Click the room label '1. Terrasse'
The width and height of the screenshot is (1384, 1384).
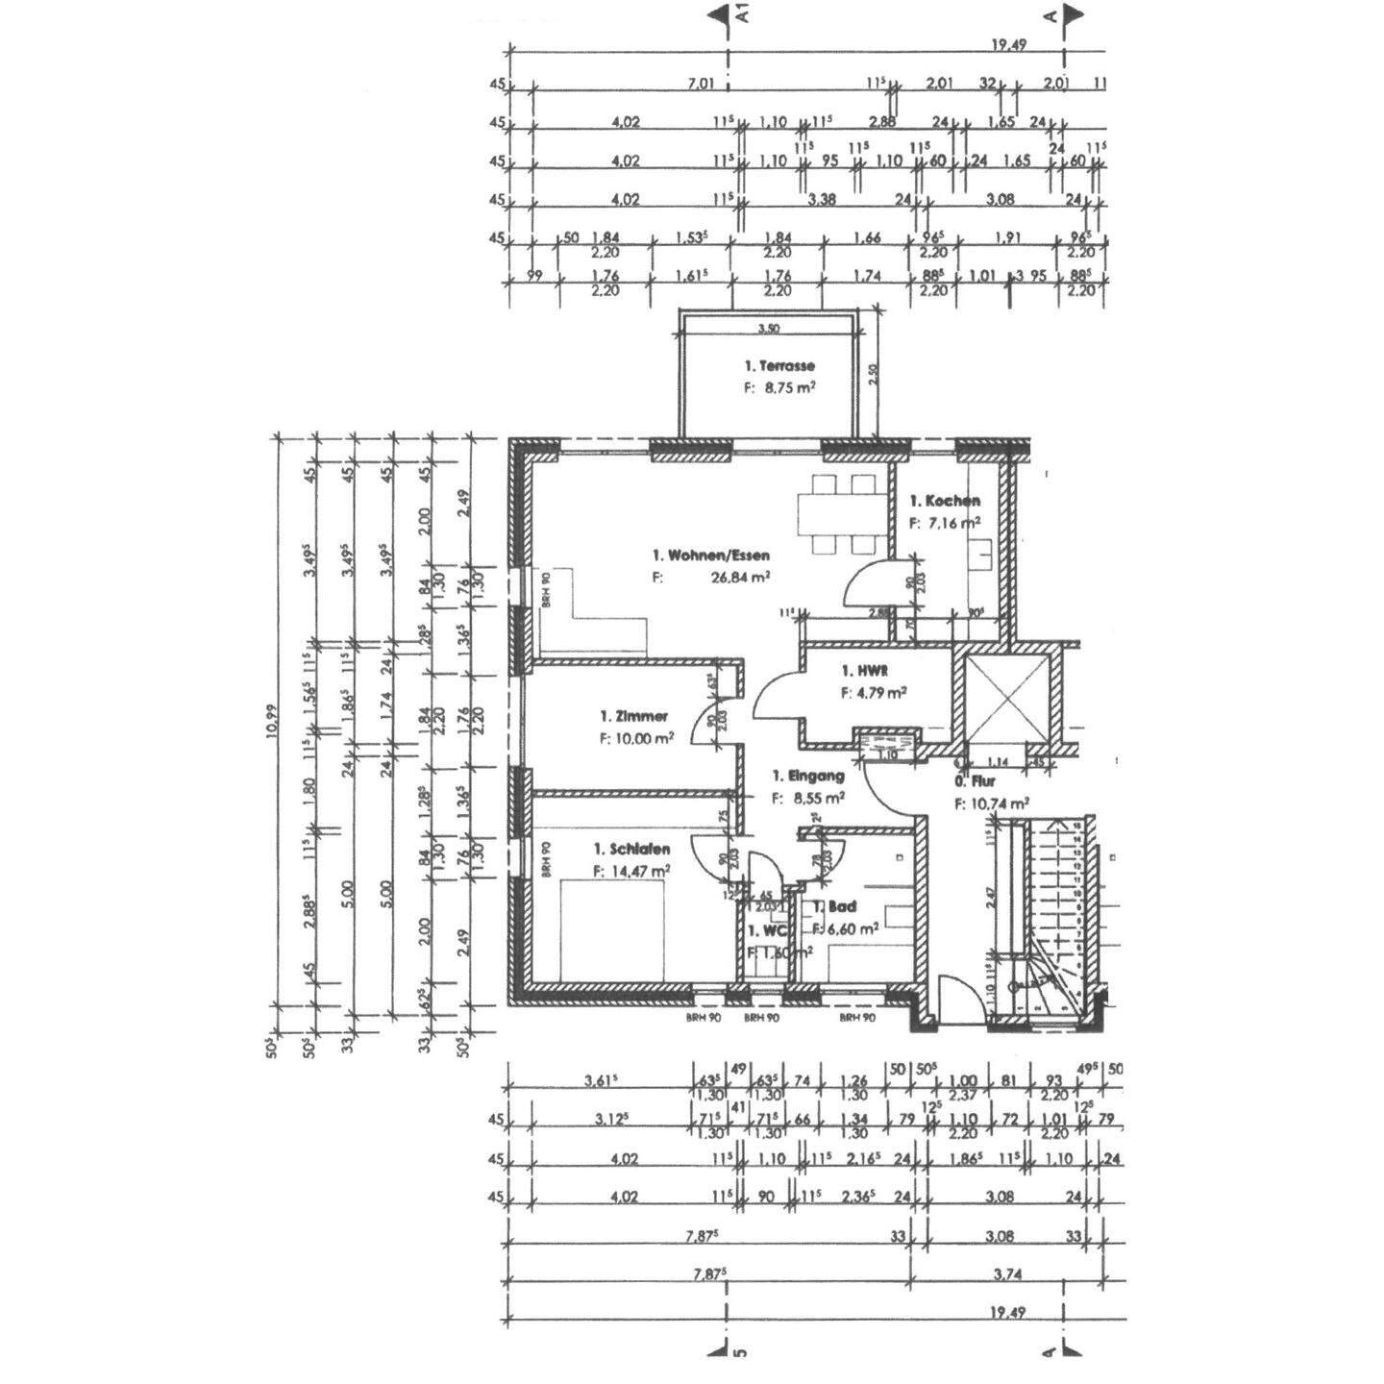[x=779, y=366]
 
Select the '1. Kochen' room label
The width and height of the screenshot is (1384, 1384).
[x=946, y=501]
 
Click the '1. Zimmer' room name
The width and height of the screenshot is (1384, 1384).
[x=633, y=716]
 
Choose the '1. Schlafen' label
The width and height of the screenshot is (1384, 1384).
[x=631, y=849]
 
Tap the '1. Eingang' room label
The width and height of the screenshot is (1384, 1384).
[x=808, y=776]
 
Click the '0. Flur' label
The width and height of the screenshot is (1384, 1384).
[x=975, y=782]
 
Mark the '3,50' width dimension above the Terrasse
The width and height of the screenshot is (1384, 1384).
[x=768, y=329]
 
